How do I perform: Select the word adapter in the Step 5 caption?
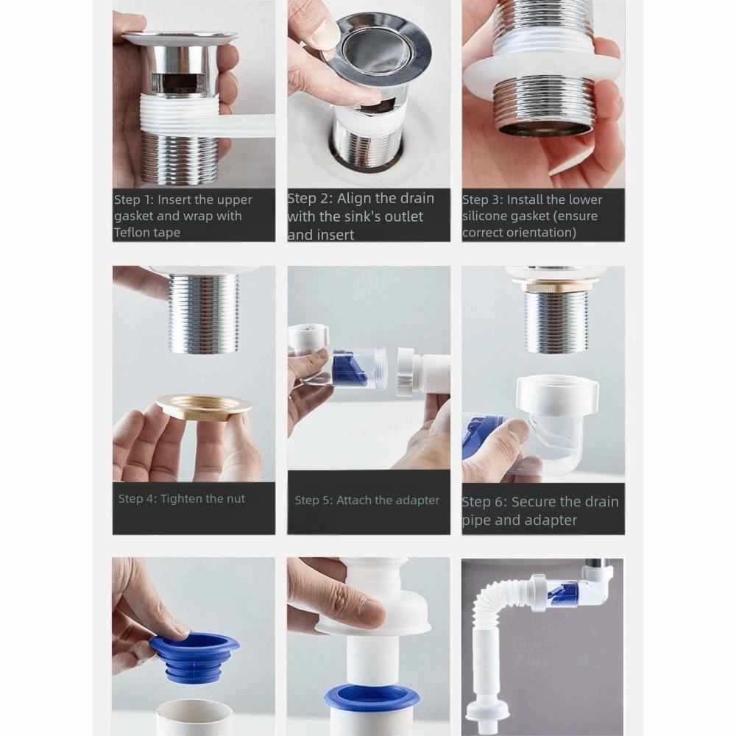(x=415, y=500)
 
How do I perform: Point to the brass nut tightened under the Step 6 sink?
(x=554, y=285)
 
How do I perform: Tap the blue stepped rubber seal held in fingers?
(x=194, y=659)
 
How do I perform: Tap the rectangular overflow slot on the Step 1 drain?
(x=180, y=82)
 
